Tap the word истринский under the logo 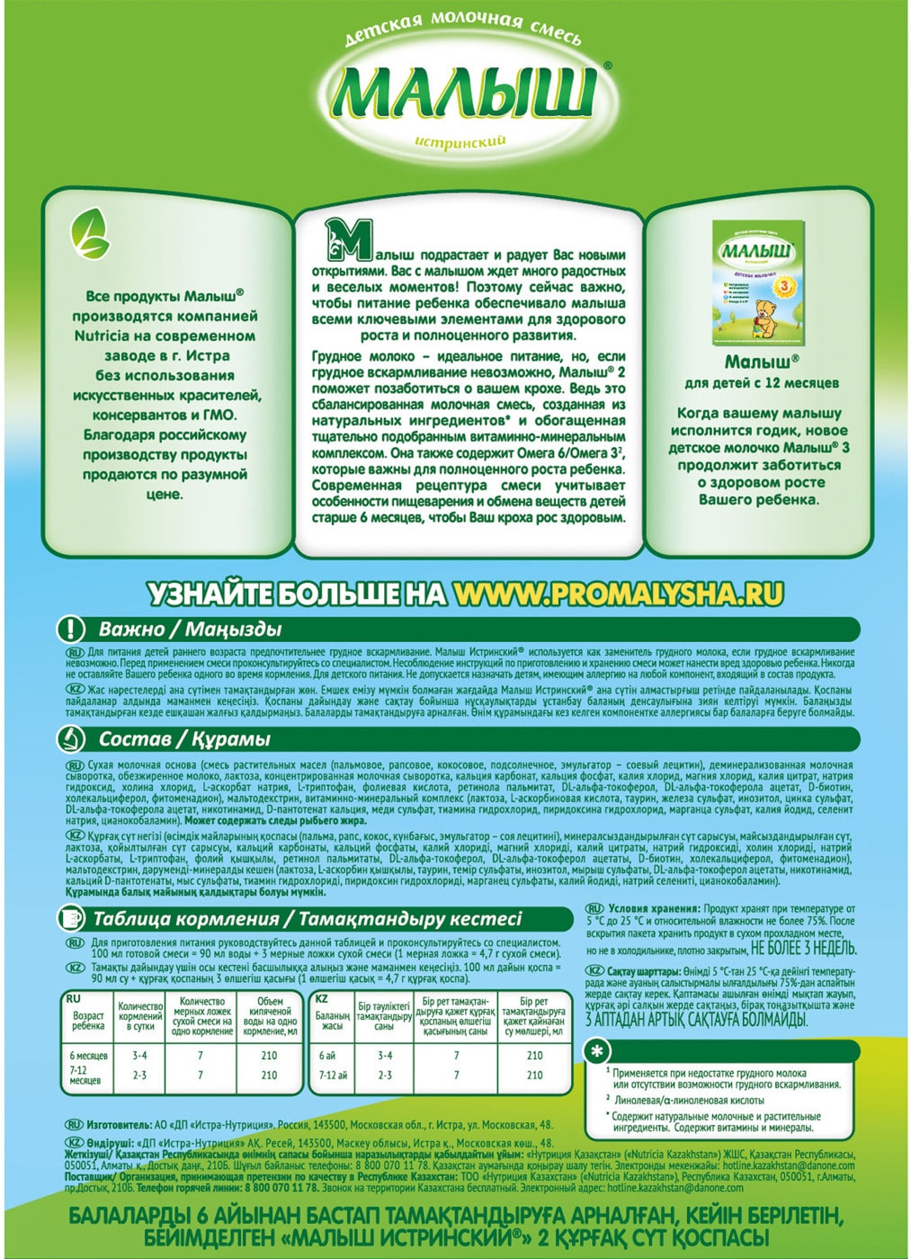point(461,142)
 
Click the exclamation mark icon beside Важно point(71,629)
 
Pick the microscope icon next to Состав point(71,739)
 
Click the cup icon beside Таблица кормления point(71,918)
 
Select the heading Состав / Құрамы point(184,739)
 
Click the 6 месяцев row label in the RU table point(88,1055)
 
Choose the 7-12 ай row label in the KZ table point(333,1075)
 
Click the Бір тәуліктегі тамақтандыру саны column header point(385,1014)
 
